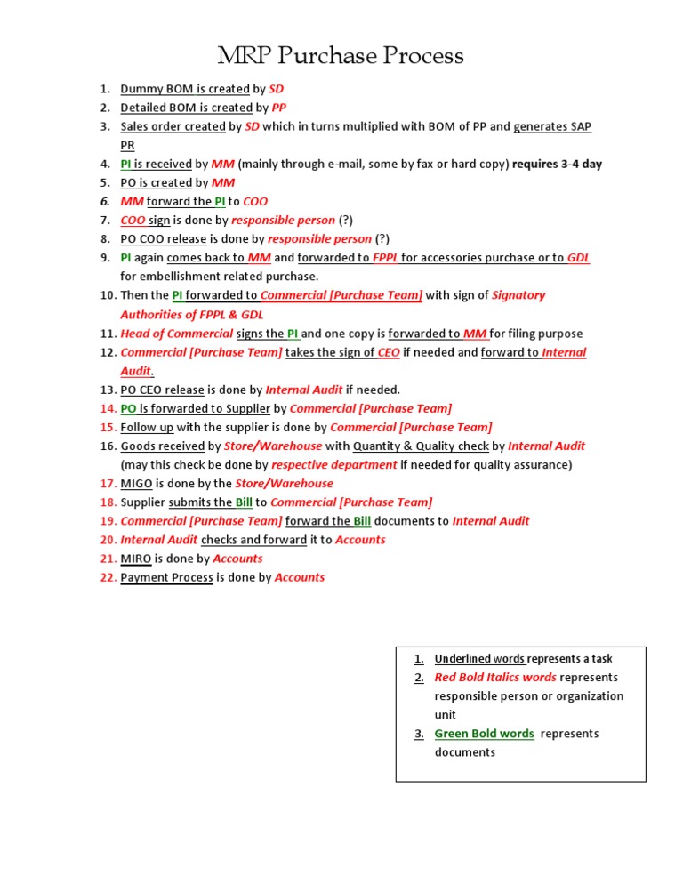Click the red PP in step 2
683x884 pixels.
278,108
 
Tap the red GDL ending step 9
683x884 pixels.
578,258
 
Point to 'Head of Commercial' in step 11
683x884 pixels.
176,334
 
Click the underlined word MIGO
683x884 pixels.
136,484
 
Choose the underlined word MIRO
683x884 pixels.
136,559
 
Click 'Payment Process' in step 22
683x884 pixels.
166,577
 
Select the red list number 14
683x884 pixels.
108,408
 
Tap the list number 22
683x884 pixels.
108,577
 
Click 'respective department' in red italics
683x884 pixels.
334,465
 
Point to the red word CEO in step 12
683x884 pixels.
389,352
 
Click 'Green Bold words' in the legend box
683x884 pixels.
484,734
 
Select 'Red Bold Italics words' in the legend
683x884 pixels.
495,678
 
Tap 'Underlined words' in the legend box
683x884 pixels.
480,659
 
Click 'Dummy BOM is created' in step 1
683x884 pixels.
185,89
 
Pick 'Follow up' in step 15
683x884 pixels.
147,428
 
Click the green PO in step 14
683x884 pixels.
128,408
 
